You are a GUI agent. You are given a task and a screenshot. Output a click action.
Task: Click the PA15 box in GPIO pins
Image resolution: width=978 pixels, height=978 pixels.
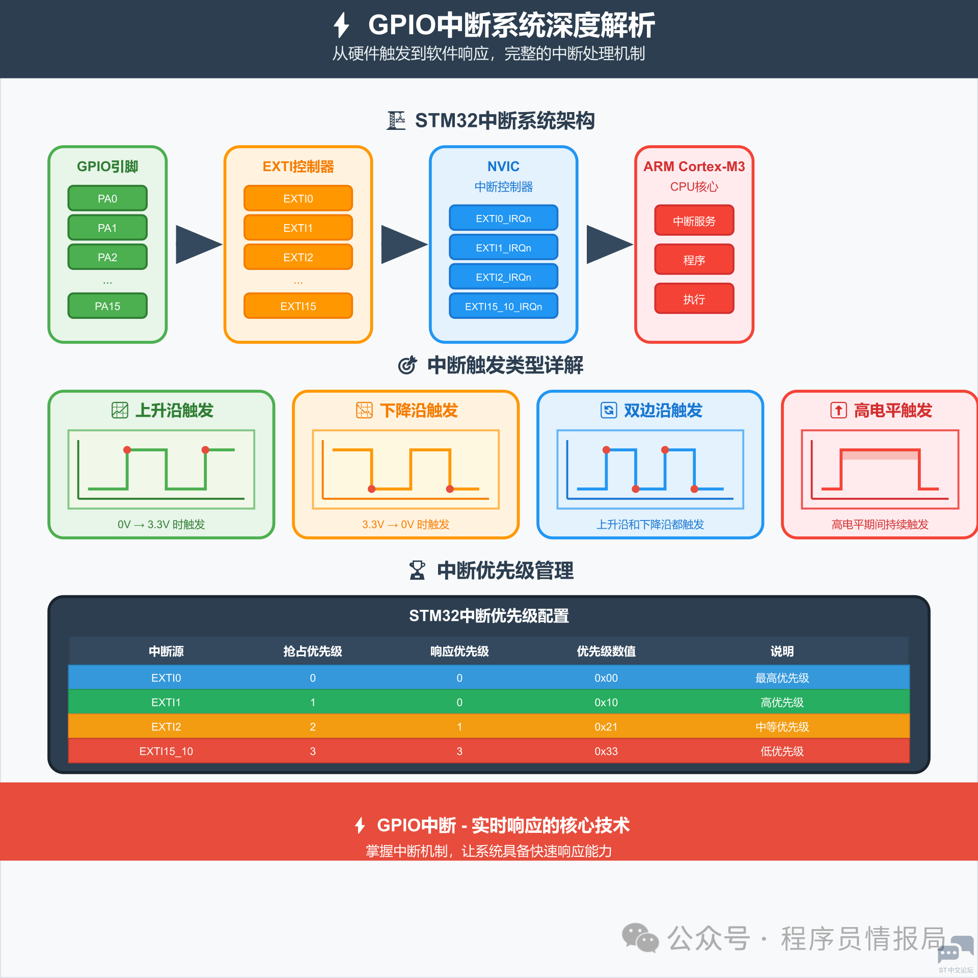pyautogui.click(x=107, y=306)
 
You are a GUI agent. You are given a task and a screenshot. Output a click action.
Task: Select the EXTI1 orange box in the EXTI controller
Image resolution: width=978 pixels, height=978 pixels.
pyautogui.click(x=298, y=227)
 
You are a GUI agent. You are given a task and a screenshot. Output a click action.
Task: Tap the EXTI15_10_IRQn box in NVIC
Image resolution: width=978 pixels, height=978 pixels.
pyautogui.click(x=503, y=306)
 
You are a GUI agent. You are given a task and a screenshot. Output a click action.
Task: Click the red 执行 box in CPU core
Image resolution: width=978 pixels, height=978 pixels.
pyautogui.click(x=694, y=298)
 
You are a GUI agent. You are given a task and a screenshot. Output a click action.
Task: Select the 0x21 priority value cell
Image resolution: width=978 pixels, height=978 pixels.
pyautogui.click(x=606, y=726)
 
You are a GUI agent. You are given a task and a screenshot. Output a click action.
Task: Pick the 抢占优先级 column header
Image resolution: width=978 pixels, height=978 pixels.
pyautogui.click(x=312, y=651)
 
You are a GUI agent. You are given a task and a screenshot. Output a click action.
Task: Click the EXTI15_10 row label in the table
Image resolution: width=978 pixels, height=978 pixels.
pyautogui.click(x=166, y=751)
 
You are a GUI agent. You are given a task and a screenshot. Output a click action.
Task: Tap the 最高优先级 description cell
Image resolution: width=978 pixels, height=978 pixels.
pyautogui.click(x=781, y=677)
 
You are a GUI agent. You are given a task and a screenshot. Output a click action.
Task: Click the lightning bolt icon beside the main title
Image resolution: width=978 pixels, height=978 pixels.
pyautogui.click(x=341, y=25)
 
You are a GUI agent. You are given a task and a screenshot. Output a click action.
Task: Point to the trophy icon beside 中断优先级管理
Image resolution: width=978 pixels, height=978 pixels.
pyautogui.click(x=417, y=570)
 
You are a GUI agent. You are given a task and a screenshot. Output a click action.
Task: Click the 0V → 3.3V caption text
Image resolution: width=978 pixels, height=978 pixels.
pyautogui.click(x=161, y=524)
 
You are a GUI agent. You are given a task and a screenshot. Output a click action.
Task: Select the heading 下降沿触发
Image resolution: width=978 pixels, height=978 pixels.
pyautogui.click(x=419, y=410)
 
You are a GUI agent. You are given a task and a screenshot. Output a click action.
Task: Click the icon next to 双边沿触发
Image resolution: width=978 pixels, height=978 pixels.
pyautogui.click(x=608, y=410)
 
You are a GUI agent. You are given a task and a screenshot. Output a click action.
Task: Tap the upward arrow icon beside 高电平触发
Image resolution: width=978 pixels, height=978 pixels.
pyautogui.click(x=838, y=410)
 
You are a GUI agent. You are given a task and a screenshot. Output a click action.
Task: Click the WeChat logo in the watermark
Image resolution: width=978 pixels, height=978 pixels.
pyautogui.click(x=640, y=938)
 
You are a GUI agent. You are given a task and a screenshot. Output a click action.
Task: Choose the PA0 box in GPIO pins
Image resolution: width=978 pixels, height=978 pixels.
pyautogui.click(x=107, y=198)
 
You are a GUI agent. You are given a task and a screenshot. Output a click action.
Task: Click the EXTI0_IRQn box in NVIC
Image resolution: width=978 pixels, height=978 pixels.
pyautogui.click(x=503, y=218)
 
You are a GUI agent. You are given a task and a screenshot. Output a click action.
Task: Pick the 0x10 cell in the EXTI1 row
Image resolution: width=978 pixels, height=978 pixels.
pyautogui.click(x=606, y=702)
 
